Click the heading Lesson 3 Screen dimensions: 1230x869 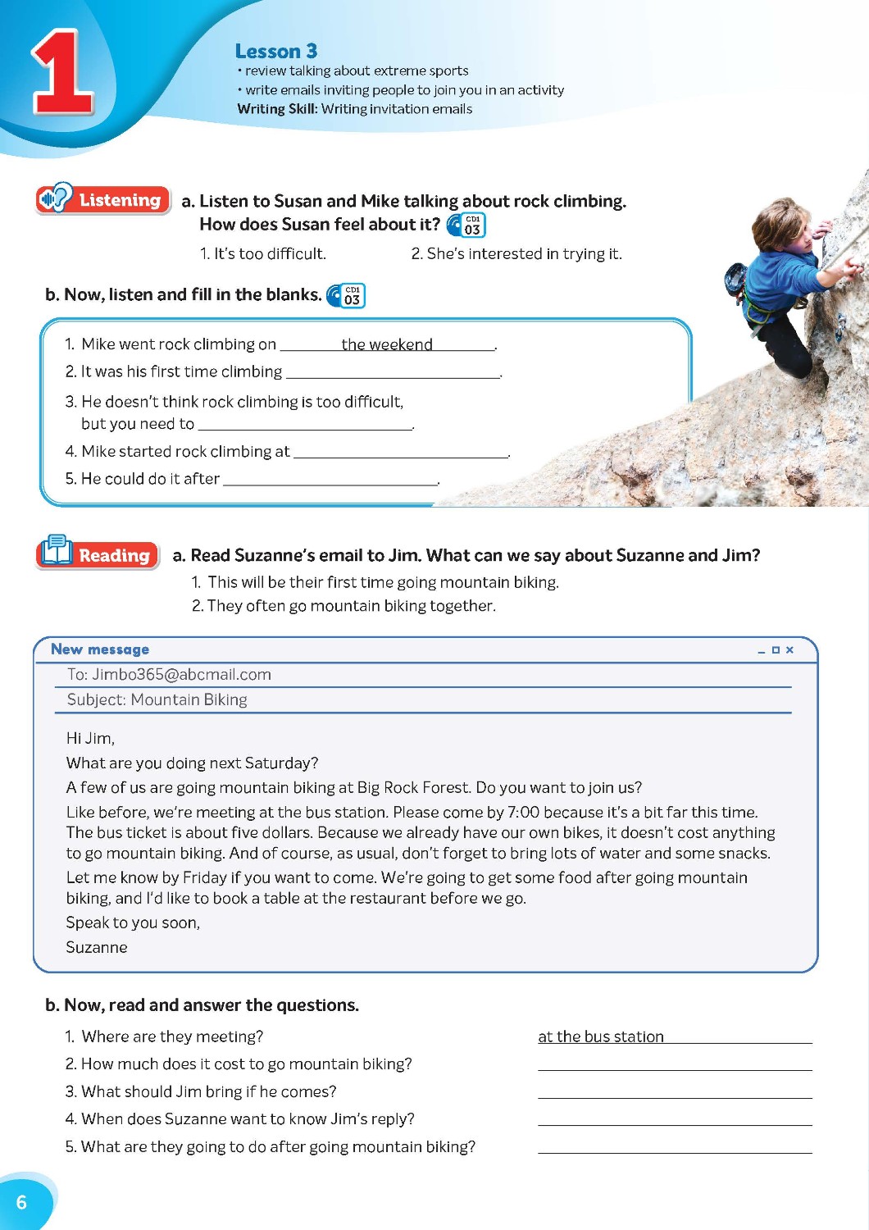pos(275,51)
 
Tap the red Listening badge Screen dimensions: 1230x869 pos(103,199)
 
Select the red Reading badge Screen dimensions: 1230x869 pos(98,554)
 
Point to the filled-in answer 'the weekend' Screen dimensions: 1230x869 pos(387,344)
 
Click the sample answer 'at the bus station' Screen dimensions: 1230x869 pos(601,1036)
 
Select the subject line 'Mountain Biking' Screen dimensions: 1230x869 pos(189,699)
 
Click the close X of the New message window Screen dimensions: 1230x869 pos(789,650)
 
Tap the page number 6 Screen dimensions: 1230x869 pos(21,1202)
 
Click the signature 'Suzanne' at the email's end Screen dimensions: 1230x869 pos(97,947)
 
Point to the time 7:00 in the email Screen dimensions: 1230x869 pos(524,812)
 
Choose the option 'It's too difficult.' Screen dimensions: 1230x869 pos(263,254)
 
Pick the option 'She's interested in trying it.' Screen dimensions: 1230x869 pos(516,254)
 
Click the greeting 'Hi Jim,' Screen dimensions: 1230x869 pos(90,738)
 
